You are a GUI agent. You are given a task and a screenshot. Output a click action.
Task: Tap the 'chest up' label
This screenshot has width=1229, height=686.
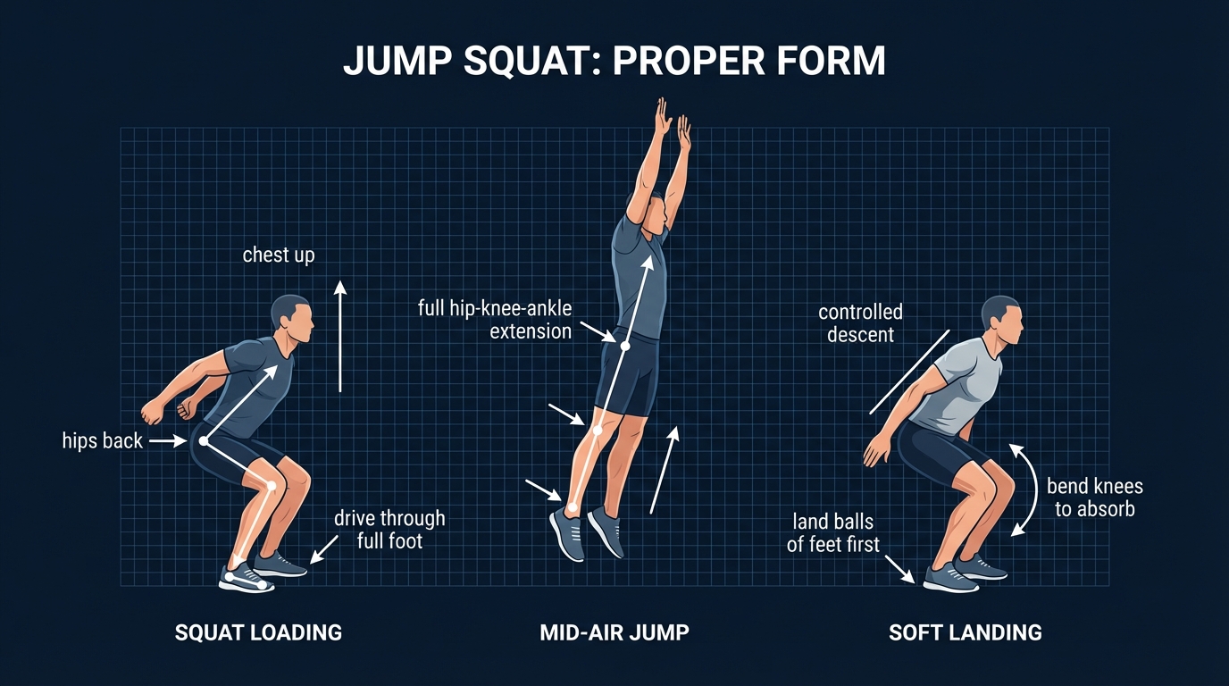point(279,255)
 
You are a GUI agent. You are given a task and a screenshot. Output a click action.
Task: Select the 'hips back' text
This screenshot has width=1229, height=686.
point(103,440)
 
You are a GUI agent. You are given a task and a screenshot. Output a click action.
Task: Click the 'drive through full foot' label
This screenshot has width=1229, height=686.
point(389,529)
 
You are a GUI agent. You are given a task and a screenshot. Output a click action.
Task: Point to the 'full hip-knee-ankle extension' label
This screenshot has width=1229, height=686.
point(495,320)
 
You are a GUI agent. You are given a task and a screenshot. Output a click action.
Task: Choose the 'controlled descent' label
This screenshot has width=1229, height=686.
point(860,323)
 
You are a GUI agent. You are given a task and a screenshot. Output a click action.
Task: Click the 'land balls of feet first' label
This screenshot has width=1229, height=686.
point(832,532)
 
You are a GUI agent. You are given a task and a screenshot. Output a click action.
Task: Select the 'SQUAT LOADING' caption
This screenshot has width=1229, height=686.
point(258,633)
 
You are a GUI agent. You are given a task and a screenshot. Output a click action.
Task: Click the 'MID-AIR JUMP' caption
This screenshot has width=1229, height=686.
point(614,633)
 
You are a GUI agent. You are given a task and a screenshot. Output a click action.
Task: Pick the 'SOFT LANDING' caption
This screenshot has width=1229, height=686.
point(966,633)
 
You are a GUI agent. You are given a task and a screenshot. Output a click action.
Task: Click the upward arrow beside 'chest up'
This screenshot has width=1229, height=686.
point(339,335)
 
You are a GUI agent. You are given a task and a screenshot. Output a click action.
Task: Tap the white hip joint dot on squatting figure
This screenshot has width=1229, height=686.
point(205,440)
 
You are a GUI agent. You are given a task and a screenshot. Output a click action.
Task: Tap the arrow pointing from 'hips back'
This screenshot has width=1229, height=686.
point(167,440)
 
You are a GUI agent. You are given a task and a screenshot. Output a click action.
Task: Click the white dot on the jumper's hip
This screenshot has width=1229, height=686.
point(625,346)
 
